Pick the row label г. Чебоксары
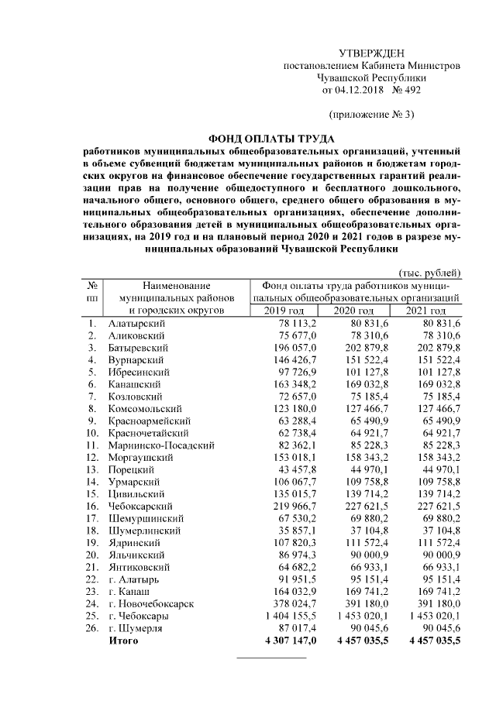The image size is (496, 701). click(141, 615)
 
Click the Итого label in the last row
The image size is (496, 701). click(124, 641)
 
